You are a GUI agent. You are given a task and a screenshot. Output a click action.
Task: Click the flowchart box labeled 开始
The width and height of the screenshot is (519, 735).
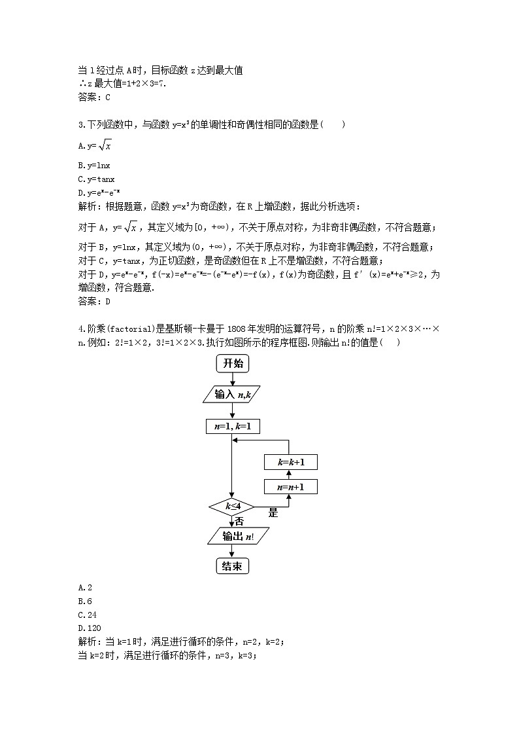pyautogui.click(x=233, y=363)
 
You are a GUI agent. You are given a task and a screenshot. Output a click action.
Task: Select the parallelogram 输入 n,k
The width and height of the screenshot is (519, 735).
pyautogui.click(x=233, y=394)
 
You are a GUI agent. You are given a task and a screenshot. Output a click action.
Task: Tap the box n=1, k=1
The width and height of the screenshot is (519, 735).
pyautogui.click(x=233, y=426)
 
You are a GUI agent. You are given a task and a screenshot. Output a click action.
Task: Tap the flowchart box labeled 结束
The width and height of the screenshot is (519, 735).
pyautogui.click(x=233, y=566)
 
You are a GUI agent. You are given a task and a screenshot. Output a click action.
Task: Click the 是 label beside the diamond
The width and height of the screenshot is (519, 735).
pyautogui.click(x=273, y=513)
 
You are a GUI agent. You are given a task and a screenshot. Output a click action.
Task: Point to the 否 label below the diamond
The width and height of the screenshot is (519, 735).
pyautogui.click(x=239, y=522)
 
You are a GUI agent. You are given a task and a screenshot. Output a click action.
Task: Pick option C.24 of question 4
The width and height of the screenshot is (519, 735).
pyautogui.click(x=87, y=615)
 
